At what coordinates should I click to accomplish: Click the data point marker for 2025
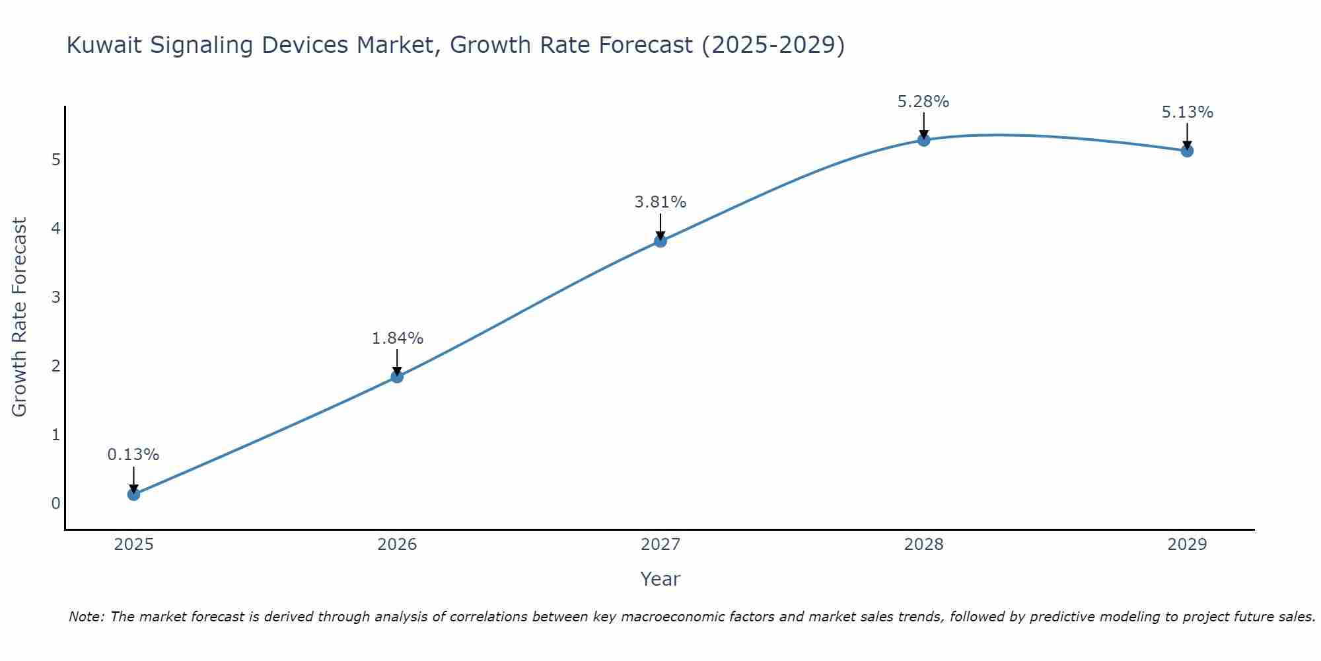pyautogui.click(x=133, y=494)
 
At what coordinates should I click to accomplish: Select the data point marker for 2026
pyautogui.click(x=397, y=376)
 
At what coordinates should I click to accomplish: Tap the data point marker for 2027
pyautogui.click(x=660, y=241)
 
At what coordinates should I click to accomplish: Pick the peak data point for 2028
pyautogui.click(x=923, y=140)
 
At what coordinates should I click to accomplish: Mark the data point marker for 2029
pyautogui.click(x=1187, y=151)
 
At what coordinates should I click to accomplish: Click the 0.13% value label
pyautogui.click(x=133, y=455)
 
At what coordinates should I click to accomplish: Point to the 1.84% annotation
pyautogui.click(x=397, y=338)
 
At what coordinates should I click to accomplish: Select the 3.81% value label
pyautogui.click(x=660, y=202)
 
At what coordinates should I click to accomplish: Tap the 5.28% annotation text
pyautogui.click(x=923, y=102)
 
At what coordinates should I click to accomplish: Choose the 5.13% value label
pyautogui.click(x=1187, y=112)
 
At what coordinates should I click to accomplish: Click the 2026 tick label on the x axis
pyautogui.click(x=397, y=545)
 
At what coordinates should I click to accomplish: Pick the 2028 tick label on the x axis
pyautogui.click(x=923, y=545)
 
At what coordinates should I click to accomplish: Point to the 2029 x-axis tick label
pyautogui.click(x=1187, y=545)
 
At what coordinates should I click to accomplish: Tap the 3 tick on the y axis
pyautogui.click(x=55, y=297)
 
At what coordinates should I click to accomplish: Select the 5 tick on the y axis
pyautogui.click(x=55, y=160)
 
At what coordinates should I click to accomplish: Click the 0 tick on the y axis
pyautogui.click(x=55, y=503)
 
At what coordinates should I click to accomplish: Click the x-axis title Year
pyautogui.click(x=660, y=579)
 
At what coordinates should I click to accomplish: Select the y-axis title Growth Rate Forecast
pyautogui.click(x=20, y=317)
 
